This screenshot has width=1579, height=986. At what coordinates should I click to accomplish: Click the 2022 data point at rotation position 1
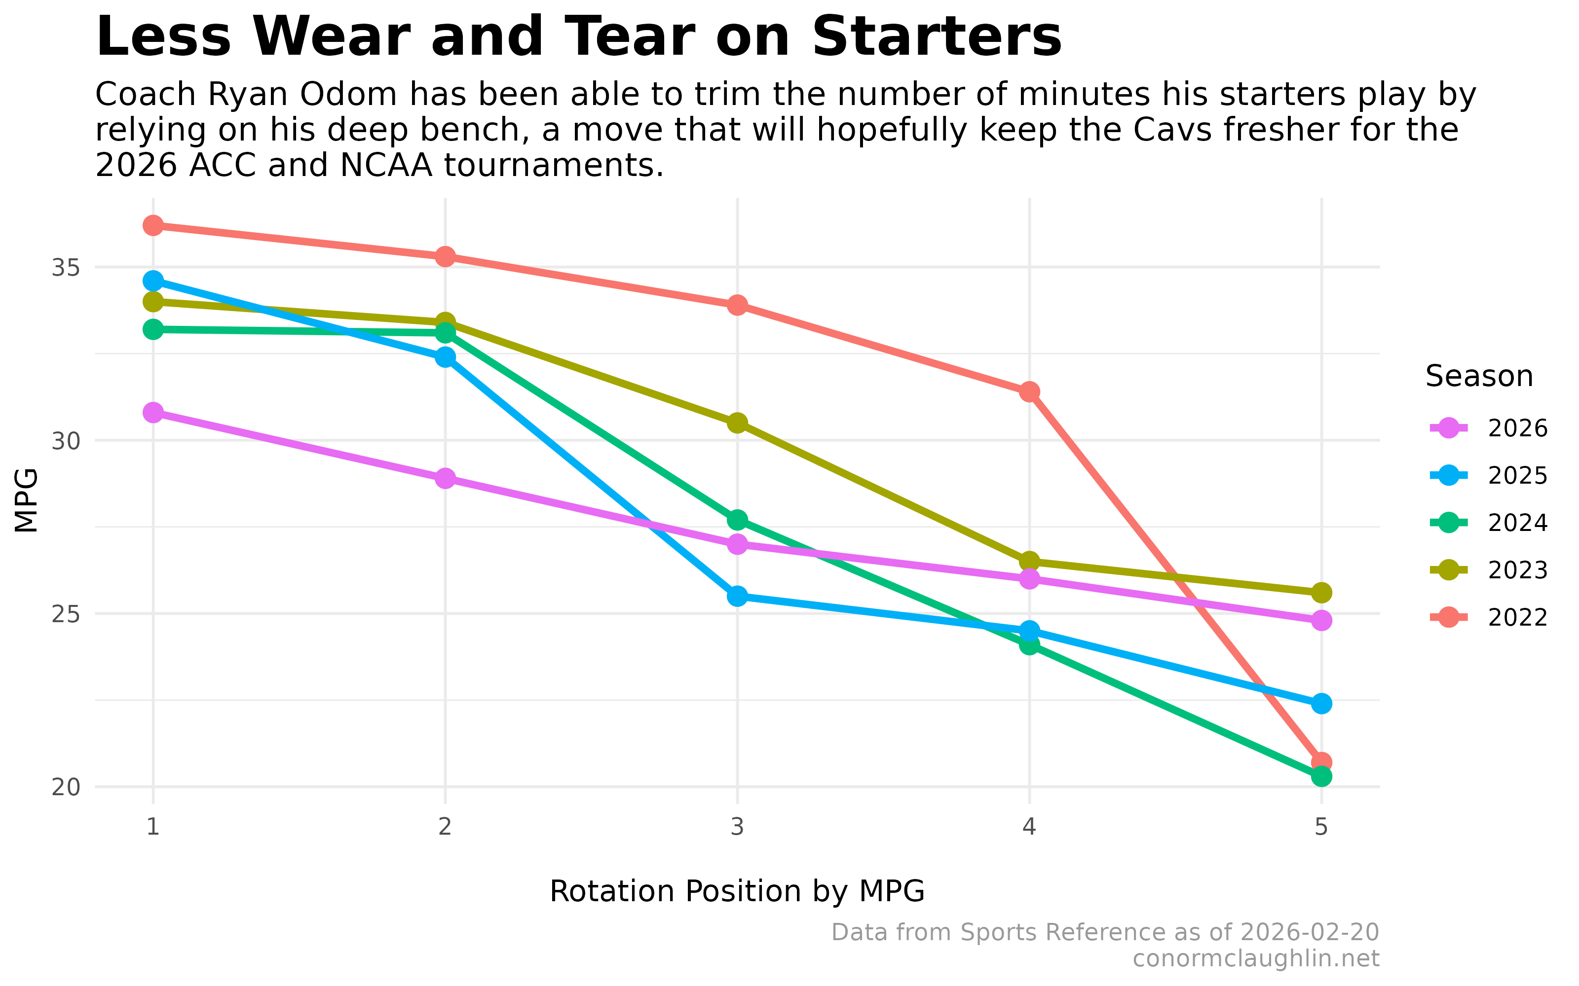tap(153, 226)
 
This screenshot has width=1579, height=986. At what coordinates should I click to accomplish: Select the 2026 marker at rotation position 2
tap(445, 479)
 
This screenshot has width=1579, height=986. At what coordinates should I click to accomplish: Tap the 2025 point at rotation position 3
tap(737, 596)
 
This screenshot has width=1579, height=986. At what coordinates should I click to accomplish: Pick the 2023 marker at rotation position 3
tap(737, 423)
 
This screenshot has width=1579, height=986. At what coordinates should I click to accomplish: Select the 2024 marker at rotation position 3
tap(737, 520)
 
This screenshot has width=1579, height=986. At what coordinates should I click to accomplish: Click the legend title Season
tap(1478, 376)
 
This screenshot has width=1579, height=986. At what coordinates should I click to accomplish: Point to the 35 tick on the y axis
tap(65, 267)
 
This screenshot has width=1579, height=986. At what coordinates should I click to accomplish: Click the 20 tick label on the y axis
tap(65, 787)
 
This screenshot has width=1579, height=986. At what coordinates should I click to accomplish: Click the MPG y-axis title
tap(26, 500)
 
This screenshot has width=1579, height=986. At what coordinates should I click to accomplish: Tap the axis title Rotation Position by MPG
tap(737, 891)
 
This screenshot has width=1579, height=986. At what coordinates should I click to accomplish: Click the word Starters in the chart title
tap(937, 37)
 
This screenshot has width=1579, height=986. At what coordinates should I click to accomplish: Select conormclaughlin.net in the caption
tap(1255, 958)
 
